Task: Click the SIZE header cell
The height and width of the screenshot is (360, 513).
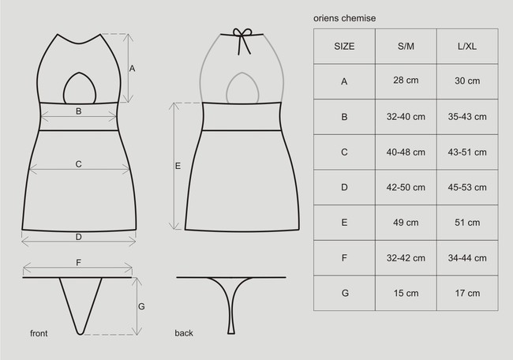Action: (x=344, y=46)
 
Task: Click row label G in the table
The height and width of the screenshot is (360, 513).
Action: (x=344, y=293)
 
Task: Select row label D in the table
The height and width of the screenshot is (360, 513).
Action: (x=344, y=187)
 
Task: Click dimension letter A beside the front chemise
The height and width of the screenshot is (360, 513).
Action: (x=133, y=69)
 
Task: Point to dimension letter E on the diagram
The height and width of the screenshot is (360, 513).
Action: (x=178, y=166)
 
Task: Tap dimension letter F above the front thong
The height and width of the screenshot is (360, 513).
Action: (x=78, y=261)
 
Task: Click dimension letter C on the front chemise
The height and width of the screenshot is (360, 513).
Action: (x=78, y=164)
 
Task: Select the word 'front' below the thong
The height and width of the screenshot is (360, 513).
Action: (x=39, y=333)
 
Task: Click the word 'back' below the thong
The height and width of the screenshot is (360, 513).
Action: (x=184, y=333)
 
